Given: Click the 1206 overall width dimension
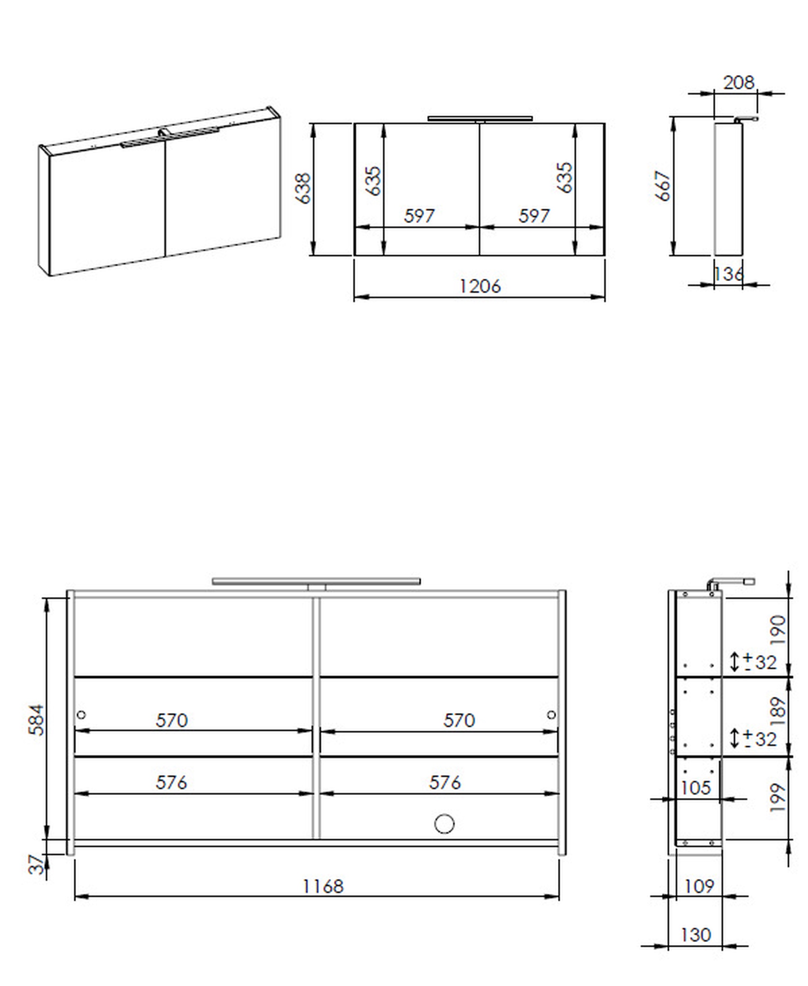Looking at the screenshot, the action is tap(480, 286).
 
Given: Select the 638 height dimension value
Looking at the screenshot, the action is tap(303, 189).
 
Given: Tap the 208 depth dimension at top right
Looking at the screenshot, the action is tap(738, 83).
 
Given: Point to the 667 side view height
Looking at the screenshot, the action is tap(663, 186).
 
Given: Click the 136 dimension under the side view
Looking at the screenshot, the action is tap(728, 273).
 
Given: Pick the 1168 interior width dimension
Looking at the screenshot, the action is tap(323, 886).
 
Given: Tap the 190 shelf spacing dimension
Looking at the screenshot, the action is tap(778, 630).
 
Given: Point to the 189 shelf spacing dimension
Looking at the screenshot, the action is tap(778, 711).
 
